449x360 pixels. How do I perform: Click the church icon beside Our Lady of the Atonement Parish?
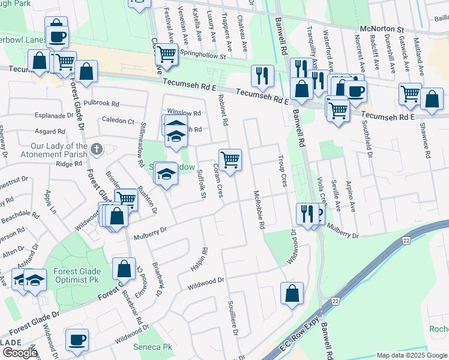(x=97, y=148)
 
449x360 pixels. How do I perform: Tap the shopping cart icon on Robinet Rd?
(x=231, y=160)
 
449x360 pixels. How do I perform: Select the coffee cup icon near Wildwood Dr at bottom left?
(x=76, y=340)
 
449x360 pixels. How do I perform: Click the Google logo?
(x=19, y=353)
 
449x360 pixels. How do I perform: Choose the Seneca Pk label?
(x=154, y=347)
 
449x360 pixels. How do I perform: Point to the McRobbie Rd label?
(x=259, y=211)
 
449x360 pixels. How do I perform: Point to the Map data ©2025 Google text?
(x=412, y=355)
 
